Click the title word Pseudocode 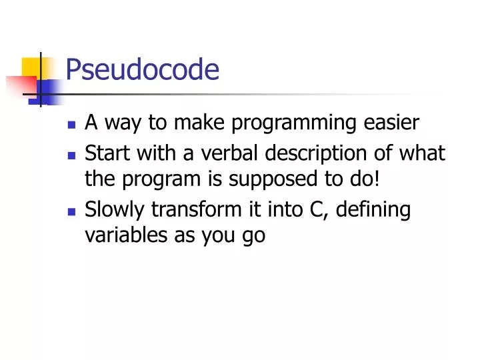click(143, 69)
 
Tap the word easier click(396, 123)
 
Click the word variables click(120, 235)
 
